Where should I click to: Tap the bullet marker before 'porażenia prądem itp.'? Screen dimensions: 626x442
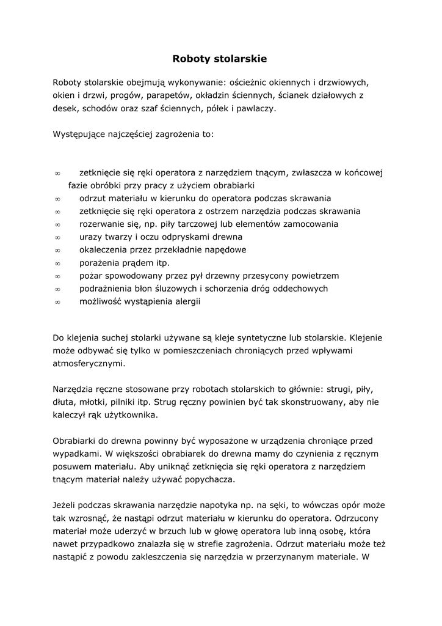click(x=57, y=263)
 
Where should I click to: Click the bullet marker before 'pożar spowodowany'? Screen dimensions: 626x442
click(x=57, y=276)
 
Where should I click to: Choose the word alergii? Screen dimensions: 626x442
click(x=186, y=301)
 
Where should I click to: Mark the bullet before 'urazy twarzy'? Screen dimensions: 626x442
click(x=57, y=237)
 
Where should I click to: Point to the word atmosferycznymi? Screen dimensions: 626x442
click(x=89, y=363)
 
